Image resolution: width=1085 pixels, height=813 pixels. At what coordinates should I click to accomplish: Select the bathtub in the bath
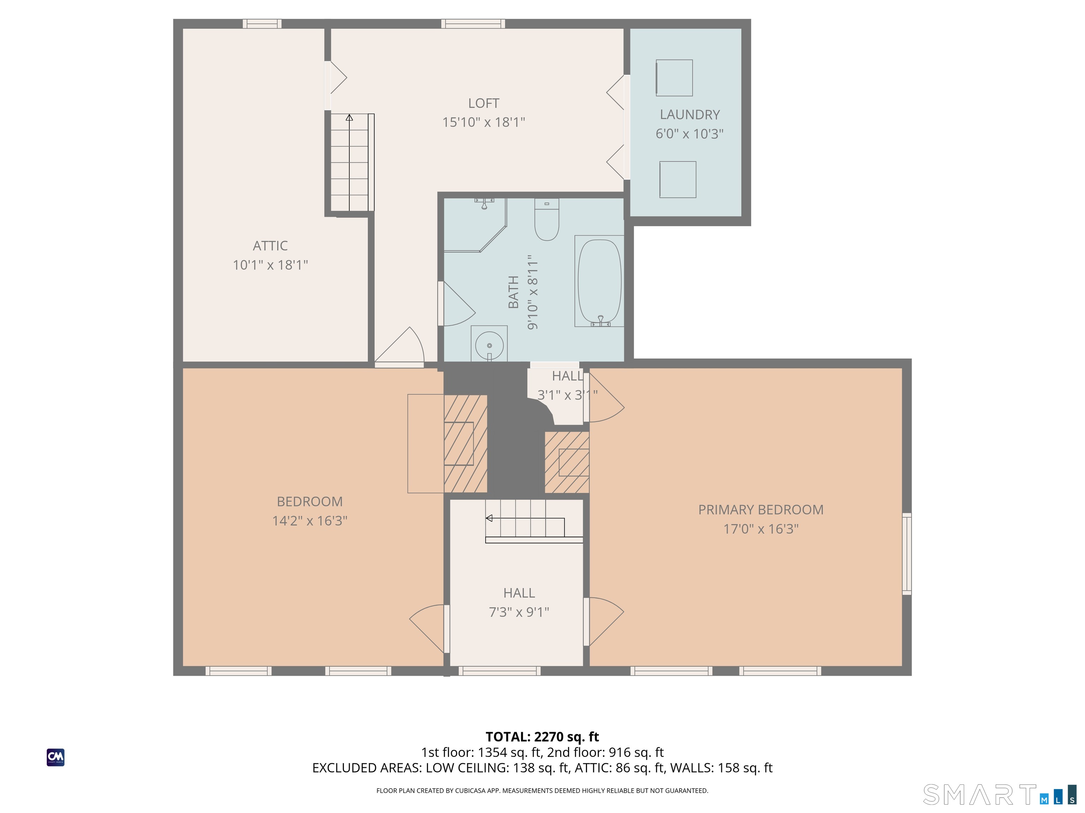(x=599, y=281)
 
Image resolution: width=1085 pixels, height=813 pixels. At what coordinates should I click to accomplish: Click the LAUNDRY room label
(x=690, y=115)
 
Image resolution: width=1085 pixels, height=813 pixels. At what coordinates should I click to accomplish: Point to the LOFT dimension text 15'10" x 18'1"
(x=484, y=122)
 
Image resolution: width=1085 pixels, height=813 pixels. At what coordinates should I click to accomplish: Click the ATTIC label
(x=270, y=246)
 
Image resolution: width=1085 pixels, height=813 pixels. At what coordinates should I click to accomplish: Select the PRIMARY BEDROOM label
(x=761, y=510)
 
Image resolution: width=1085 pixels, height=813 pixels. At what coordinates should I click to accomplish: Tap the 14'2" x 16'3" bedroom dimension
(x=309, y=520)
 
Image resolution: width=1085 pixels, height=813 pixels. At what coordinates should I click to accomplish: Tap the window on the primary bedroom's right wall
(x=907, y=554)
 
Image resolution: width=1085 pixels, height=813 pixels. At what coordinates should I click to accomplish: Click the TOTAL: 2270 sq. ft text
(x=542, y=737)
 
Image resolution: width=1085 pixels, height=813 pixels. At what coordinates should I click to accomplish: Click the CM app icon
(x=55, y=757)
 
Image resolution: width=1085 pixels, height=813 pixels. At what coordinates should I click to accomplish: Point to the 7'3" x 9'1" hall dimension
(x=519, y=612)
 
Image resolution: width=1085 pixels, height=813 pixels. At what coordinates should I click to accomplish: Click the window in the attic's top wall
(x=262, y=24)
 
